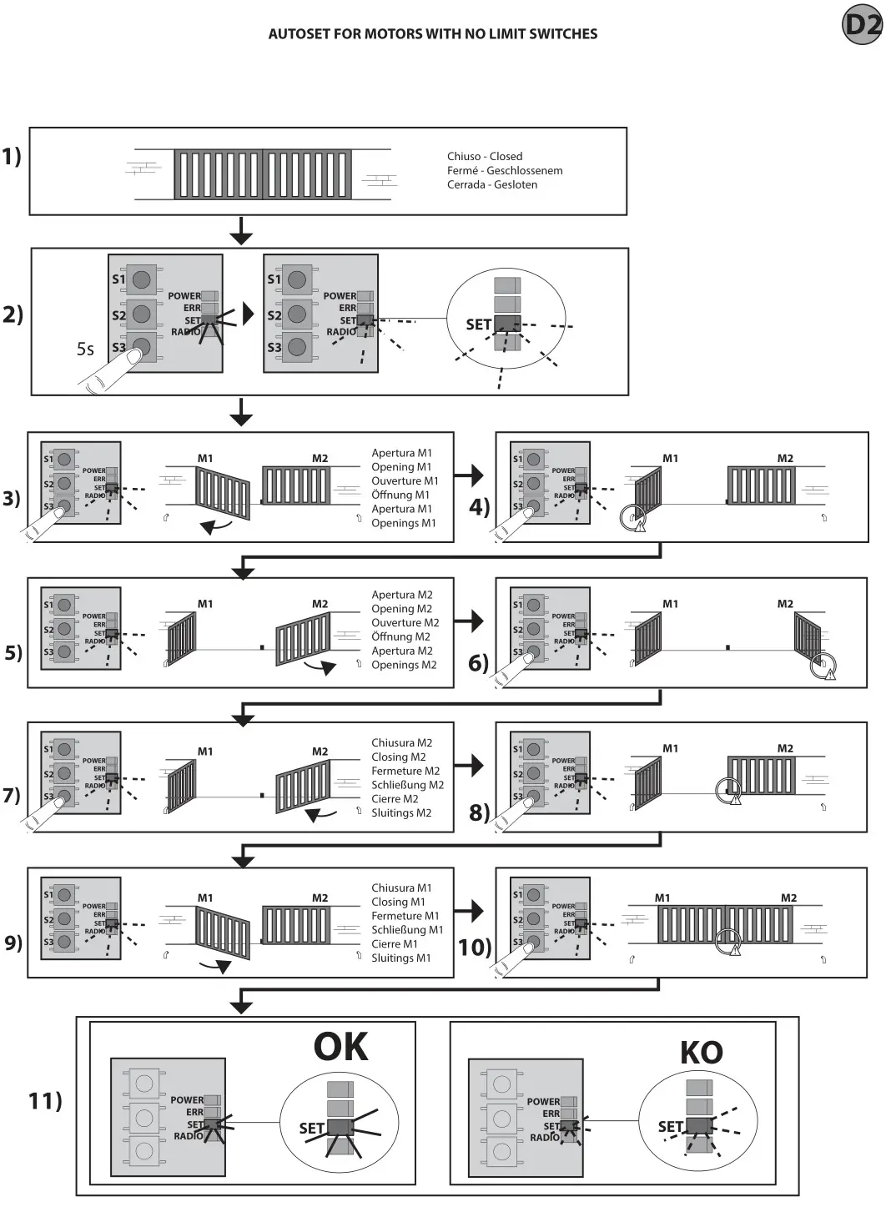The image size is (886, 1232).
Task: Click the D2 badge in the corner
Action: (863, 25)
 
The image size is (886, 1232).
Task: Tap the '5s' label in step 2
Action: (85, 349)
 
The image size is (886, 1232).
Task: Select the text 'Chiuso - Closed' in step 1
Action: (485, 156)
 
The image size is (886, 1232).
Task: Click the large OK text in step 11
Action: (340, 1047)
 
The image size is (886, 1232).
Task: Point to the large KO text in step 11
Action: (701, 1053)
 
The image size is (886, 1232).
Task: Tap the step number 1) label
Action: (12, 156)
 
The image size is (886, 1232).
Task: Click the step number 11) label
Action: (45, 1101)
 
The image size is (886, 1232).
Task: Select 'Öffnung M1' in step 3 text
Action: (400, 495)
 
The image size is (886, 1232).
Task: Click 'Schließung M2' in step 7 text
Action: (407, 785)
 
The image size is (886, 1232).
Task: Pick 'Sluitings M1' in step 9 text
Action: (401, 958)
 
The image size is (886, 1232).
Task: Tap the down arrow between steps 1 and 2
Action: (241, 231)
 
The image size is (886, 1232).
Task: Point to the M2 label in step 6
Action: (785, 604)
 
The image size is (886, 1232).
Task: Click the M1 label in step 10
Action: (662, 898)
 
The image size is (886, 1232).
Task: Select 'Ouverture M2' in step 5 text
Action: (405, 622)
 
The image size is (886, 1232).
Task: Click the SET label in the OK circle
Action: (311, 1128)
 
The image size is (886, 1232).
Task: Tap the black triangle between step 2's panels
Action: (248, 314)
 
